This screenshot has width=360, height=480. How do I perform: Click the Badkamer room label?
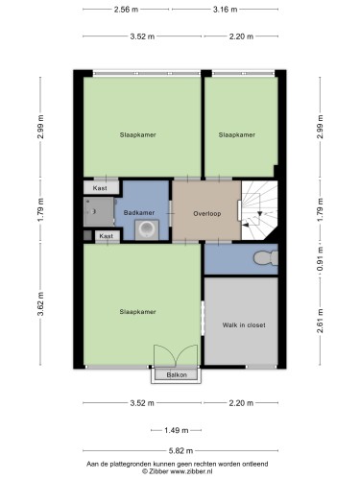[x=139, y=212]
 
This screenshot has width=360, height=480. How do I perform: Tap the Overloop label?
[x=207, y=213]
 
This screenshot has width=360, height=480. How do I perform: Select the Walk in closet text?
[x=244, y=325]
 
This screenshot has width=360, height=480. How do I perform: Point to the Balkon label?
[x=177, y=374]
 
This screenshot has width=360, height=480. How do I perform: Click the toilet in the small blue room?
[x=266, y=258]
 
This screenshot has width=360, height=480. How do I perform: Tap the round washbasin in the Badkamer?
[x=147, y=229]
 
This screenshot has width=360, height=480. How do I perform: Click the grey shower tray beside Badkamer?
[x=99, y=212]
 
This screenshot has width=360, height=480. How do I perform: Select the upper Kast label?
[x=100, y=188]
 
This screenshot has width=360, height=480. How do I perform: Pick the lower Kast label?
[x=107, y=236]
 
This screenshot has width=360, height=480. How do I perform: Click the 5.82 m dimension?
[x=180, y=451]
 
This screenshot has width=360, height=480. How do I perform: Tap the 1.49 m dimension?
[x=177, y=430]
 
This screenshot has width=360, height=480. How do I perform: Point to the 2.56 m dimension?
[x=126, y=10]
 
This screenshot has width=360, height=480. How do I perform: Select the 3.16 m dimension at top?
[x=226, y=10]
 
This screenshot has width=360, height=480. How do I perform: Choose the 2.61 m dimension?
[x=321, y=321]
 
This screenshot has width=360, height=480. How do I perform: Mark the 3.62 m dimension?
[x=40, y=304]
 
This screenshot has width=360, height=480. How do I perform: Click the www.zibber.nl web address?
[x=191, y=471]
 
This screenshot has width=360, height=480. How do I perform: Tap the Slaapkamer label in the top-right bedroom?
[x=237, y=135]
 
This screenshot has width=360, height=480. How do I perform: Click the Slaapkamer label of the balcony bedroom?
[x=137, y=312]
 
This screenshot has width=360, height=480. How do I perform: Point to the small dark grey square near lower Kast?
[x=87, y=235]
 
